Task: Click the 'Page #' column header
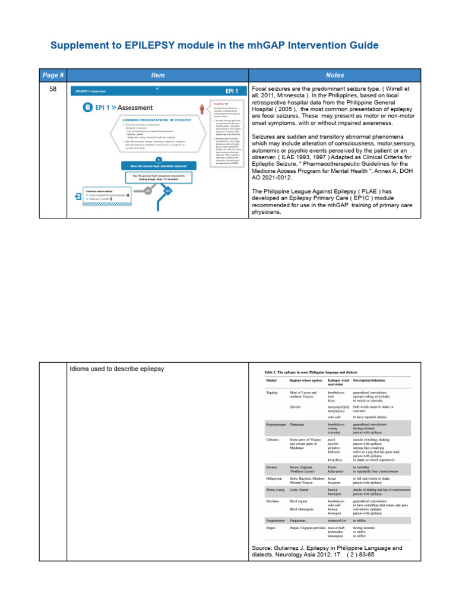51,75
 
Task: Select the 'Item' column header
158,75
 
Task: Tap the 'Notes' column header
335,75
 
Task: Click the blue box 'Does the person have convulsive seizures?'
159,167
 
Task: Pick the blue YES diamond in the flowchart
167,191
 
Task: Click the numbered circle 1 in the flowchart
159,159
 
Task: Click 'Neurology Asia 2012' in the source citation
300,556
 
